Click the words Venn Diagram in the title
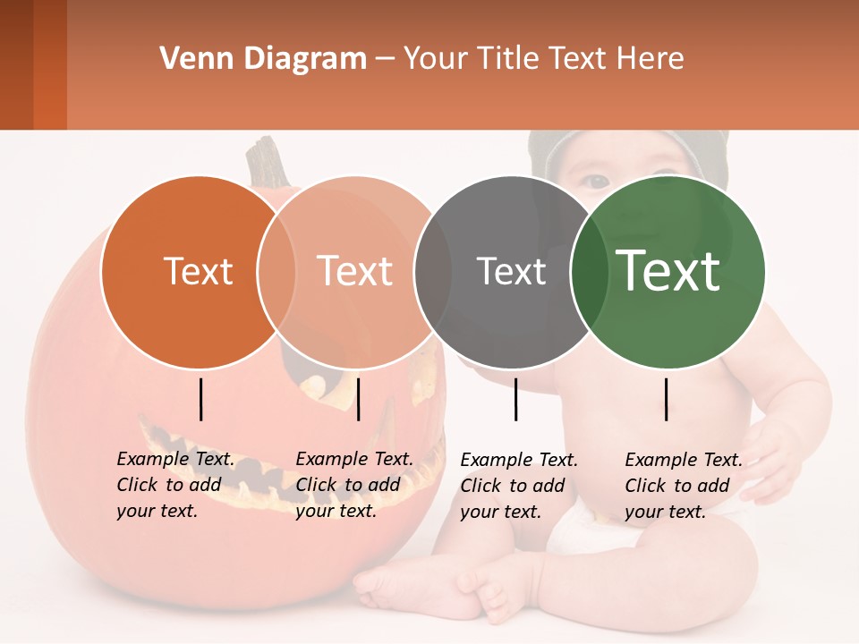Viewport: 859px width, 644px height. point(263,59)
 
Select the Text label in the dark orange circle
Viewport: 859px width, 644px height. point(198,271)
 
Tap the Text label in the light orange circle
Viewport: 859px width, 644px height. point(355,271)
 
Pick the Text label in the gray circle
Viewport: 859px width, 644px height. point(511,271)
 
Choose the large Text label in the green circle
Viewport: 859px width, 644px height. point(668,270)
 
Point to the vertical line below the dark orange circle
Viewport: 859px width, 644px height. point(200,399)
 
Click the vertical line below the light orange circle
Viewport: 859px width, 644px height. point(358,399)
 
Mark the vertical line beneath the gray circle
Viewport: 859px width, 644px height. point(515,399)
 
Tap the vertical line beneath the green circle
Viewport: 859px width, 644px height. point(666,399)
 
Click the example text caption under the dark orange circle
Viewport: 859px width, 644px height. point(175,485)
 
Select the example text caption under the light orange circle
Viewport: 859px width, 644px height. point(354,485)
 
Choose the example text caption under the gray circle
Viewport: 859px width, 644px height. point(519,486)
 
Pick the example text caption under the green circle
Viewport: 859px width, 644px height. point(684,486)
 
